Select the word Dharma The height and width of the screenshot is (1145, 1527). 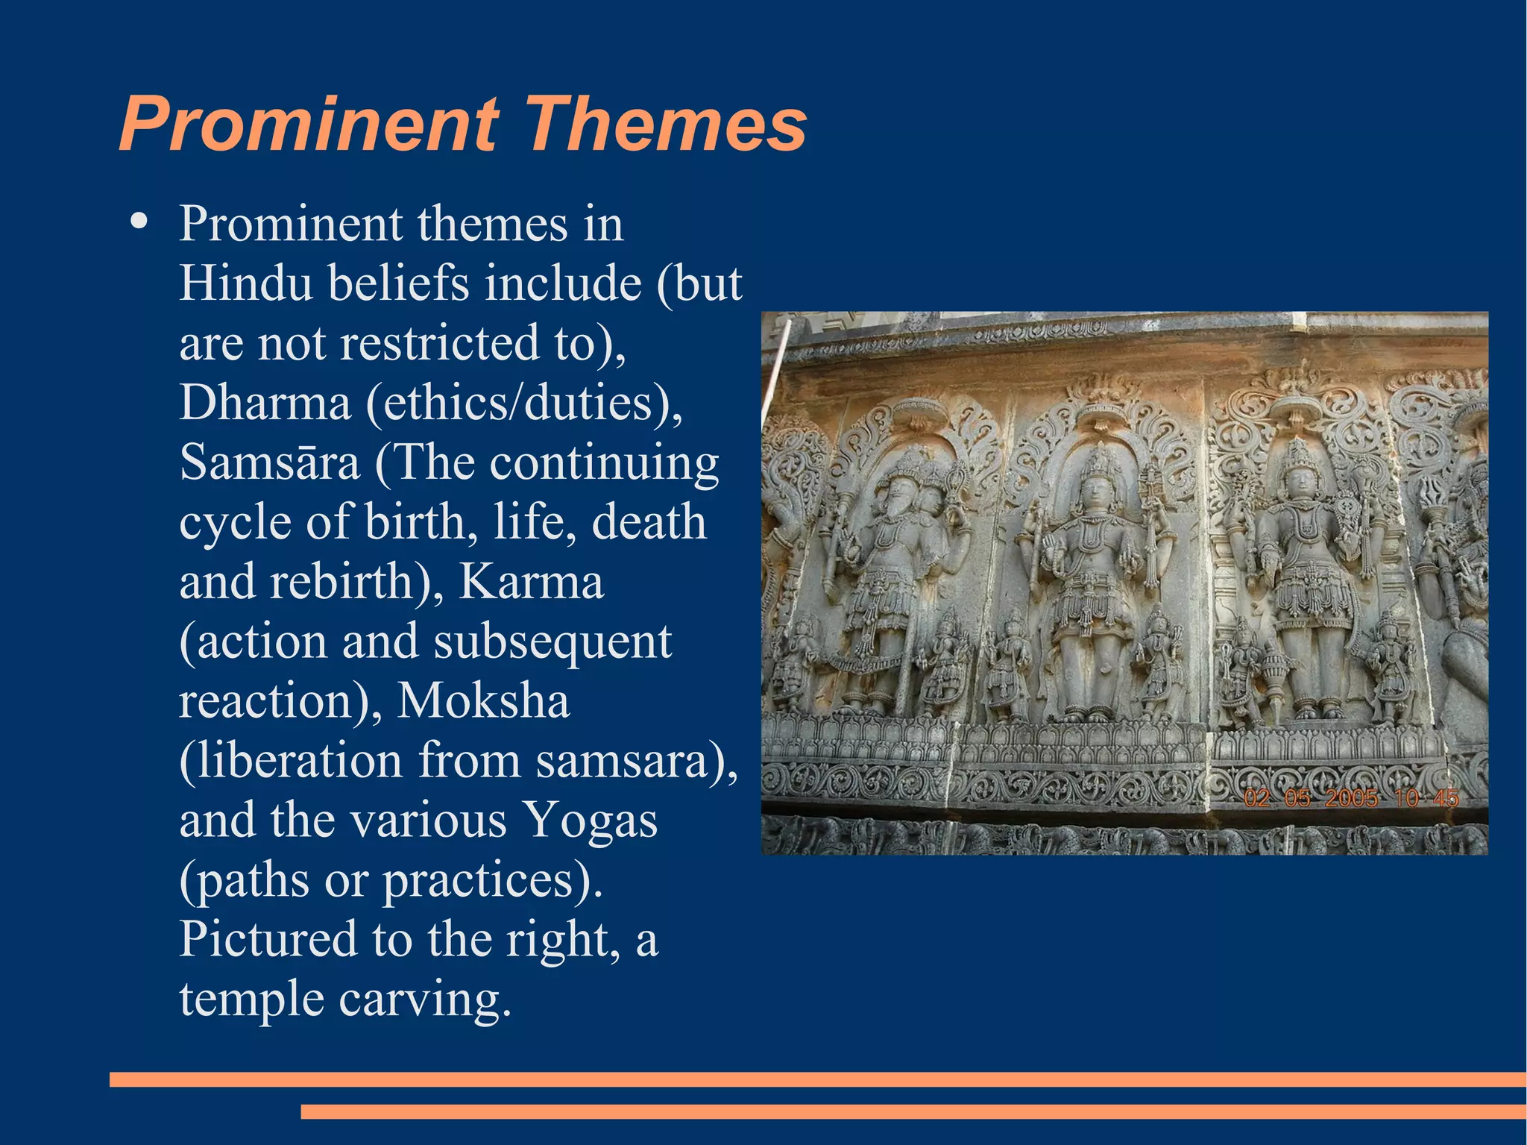265,403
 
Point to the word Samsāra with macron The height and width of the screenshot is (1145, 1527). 270,462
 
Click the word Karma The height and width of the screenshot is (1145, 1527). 530,581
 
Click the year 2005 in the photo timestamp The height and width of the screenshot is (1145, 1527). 1350,799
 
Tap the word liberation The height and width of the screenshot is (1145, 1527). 291,760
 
